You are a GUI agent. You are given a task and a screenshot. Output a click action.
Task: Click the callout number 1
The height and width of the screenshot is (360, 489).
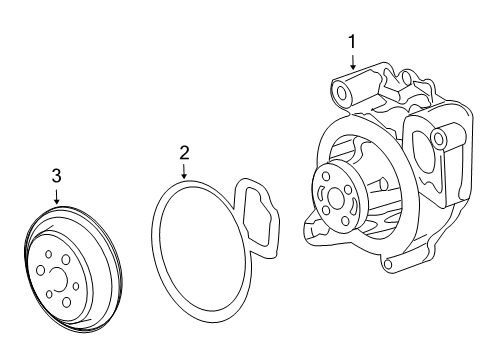click(352, 42)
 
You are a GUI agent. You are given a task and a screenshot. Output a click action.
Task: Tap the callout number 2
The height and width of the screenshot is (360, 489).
click(184, 153)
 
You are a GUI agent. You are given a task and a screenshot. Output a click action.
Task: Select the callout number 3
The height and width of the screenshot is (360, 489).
click(57, 176)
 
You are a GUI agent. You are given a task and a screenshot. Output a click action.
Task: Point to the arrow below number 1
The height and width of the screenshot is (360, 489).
click(353, 61)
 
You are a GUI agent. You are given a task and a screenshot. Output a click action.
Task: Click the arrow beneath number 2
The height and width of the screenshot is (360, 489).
click(184, 171)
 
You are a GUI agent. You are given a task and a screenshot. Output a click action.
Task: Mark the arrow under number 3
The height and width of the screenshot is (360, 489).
click(57, 196)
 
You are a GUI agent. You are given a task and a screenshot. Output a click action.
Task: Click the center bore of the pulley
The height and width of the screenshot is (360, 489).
click(59, 279)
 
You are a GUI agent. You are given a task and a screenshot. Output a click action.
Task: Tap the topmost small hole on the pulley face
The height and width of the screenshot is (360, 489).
click(49, 255)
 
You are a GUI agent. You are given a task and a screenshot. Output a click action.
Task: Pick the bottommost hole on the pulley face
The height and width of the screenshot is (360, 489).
click(67, 302)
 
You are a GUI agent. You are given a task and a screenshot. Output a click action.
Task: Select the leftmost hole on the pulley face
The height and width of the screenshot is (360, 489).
click(40, 270)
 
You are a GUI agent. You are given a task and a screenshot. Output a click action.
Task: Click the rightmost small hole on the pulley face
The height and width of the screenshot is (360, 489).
click(76, 286)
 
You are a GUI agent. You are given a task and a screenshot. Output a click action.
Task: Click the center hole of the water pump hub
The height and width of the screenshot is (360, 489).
click(335, 197)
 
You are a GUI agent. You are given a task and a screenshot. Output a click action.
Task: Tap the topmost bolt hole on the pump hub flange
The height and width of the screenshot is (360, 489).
click(325, 175)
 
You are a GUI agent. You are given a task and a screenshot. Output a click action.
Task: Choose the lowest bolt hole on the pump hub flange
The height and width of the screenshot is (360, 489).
click(346, 220)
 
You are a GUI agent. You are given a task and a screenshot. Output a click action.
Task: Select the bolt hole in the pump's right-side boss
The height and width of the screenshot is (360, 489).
click(438, 137)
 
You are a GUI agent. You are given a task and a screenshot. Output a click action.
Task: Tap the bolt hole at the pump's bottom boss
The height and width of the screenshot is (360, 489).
click(387, 264)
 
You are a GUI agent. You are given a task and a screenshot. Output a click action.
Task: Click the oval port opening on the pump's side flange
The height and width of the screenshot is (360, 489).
click(421, 154)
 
